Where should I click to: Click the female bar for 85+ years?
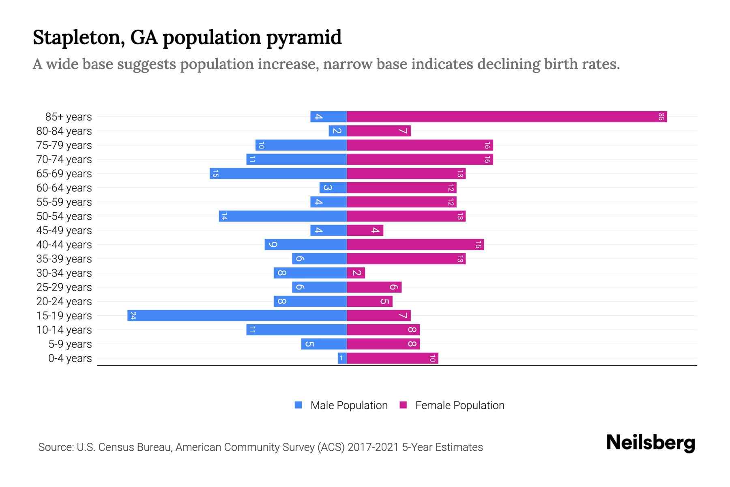[x=507, y=117]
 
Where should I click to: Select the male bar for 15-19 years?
[x=237, y=316]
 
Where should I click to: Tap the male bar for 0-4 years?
[x=342, y=358]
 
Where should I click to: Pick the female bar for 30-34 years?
[x=356, y=273]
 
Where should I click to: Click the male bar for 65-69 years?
[x=278, y=174]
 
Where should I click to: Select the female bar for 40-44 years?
[x=415, y=245]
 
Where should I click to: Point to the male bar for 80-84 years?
[x=337, y=131]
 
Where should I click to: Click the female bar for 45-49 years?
[x=365, y=231]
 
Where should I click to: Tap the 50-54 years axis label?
[x=64, y=216]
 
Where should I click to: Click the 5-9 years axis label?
[x=70, y=344]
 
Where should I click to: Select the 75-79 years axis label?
[x=64, y=145]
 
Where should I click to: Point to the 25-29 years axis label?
[x=64, y=287]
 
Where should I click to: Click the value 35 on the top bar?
[x=661, y=117]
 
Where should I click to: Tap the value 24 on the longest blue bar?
[x=133, y=316]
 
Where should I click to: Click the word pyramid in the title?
[x=304, y=37]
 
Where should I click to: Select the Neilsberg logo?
[x=651, y=443]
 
